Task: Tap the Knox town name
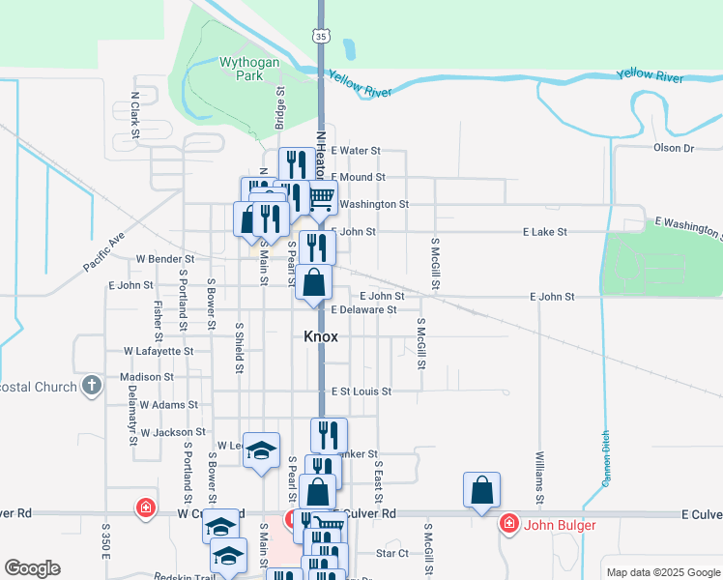(x=321, y=336)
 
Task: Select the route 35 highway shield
(x=321, y=35)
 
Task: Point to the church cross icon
(x=92, y=387)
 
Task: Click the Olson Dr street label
(x=674, y=148)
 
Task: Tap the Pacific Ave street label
(x=104, y=250)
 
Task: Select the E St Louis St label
(x=361, y=391)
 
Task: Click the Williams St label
(x=539, y=474)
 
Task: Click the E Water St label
(x=356, y=151)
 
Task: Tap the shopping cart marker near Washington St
(x=322, y=199)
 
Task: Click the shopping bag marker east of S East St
(x=481, y=492)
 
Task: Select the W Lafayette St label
(x=159, y=352)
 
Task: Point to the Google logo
(x=32, y=568)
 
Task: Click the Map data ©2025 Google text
(x=662, y=572)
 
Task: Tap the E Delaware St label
(x=363, y=310)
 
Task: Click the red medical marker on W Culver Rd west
(x=145, y=507)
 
